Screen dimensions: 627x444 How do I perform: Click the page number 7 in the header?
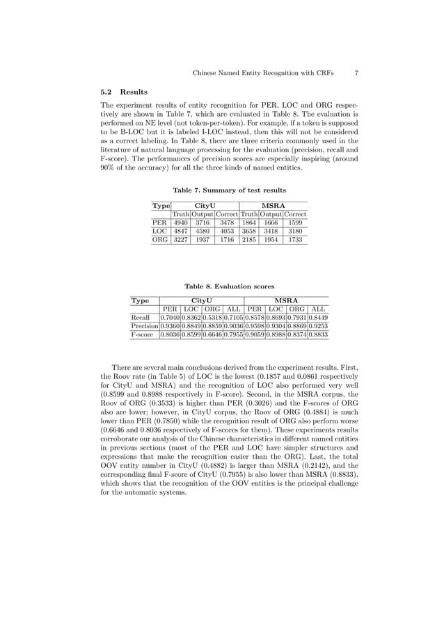(356, 72)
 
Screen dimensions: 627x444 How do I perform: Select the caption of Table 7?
(229, 190)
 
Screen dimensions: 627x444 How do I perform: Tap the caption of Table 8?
(229, 286)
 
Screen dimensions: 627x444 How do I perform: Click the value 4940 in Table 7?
(181, 222)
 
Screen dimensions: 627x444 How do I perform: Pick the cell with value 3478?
(228, 222)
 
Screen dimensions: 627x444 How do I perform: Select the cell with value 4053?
(228, 231)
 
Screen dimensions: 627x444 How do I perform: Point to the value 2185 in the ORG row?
(249, 241)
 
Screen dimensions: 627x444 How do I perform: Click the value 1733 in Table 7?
(295, 241)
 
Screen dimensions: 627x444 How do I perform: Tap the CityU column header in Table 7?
(205, 204)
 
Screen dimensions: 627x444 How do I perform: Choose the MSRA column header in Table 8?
(286, 300)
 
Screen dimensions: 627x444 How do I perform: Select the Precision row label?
(145, 325)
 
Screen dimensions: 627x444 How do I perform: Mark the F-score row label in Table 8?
(143, 334)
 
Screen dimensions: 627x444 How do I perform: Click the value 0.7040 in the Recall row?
(171, 317)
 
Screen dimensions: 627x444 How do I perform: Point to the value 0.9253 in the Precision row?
(318, 325)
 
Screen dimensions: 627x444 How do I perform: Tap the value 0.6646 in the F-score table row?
(212, 334)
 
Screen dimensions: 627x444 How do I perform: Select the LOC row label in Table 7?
(160, 231)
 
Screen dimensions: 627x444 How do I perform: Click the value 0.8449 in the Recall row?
(318, 317)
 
